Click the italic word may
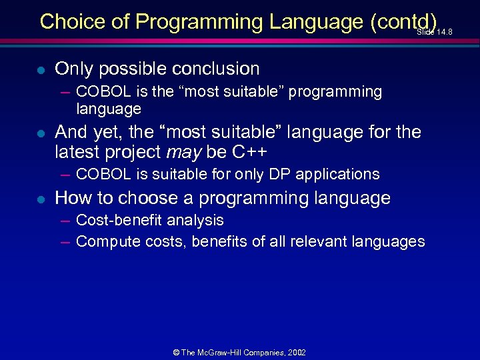pyautogui.click(x=183, y=152)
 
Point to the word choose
pyautogui.click(x=142, y=198)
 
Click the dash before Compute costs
pyautogui.click(x=65, y=241)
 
